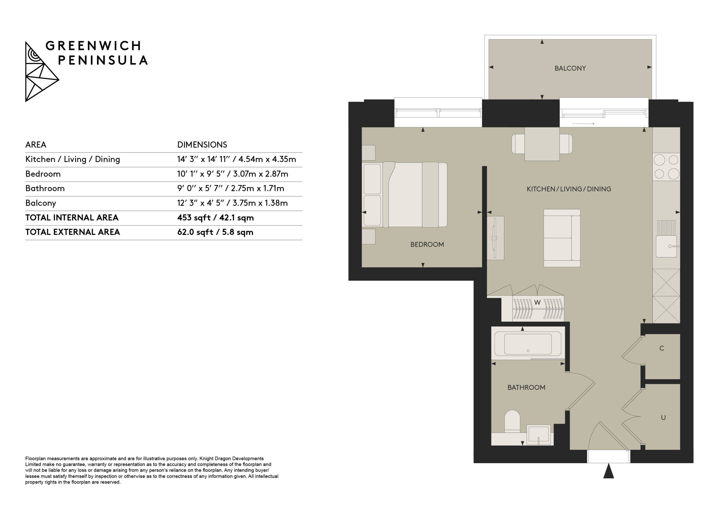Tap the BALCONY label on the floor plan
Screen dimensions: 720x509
570,68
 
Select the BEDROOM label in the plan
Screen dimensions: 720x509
427,245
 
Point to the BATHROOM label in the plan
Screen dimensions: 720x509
526,388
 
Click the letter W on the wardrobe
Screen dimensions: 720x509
537,303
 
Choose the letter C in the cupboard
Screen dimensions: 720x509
662,348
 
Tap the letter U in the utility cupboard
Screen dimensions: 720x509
663,417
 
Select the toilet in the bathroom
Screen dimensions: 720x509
512,422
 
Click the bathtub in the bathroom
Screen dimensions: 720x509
528,343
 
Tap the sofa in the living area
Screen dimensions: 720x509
562,238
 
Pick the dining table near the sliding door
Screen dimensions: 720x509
542,144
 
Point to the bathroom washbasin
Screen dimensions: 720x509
538,435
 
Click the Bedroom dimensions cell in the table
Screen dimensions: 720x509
233,174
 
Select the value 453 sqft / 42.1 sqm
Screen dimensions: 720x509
215,218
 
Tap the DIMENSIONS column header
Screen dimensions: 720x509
202,145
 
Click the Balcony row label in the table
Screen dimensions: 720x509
41,203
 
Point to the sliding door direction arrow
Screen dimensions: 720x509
584,123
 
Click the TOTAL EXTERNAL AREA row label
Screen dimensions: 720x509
73,232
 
